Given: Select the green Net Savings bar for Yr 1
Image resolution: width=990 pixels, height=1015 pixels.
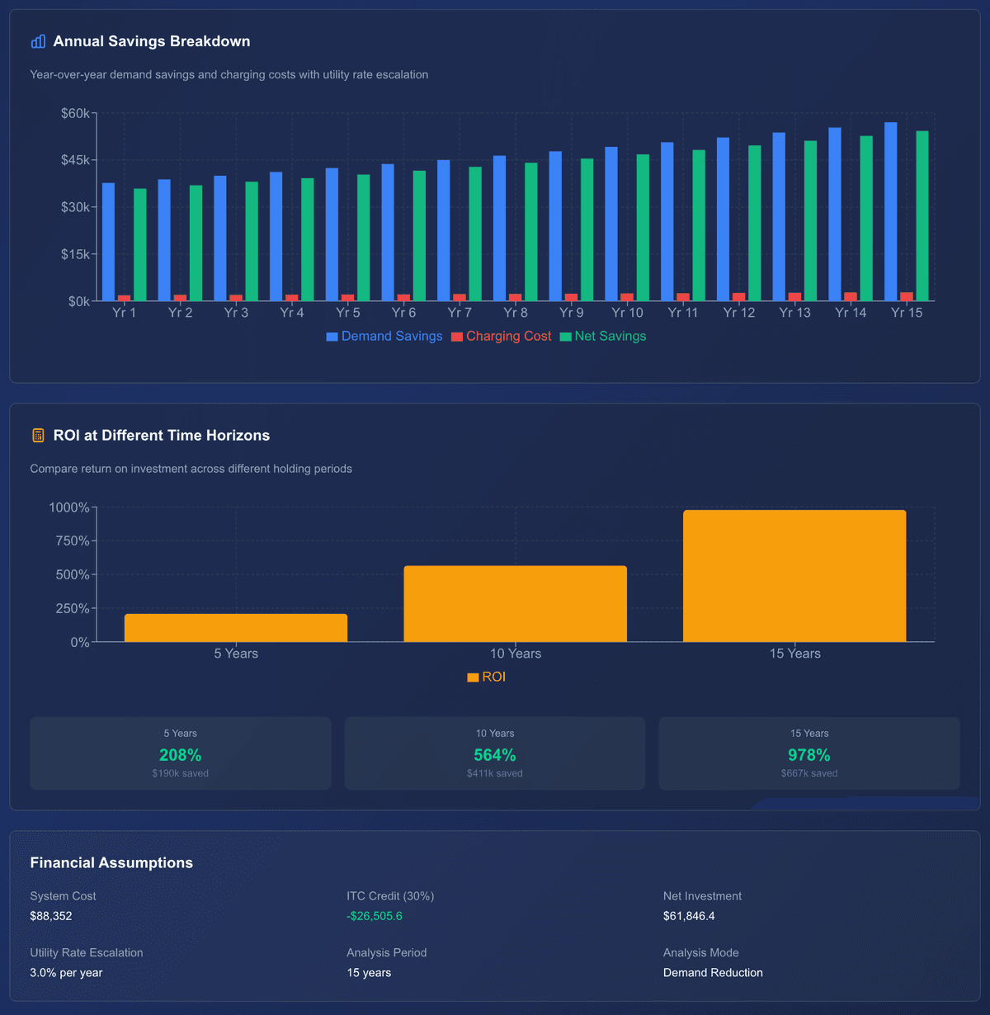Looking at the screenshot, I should coord(140,245).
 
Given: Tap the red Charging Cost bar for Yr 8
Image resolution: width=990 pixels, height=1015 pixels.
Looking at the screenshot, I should coord(516,297).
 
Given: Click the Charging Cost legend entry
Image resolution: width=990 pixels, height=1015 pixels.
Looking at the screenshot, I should coord(501,337).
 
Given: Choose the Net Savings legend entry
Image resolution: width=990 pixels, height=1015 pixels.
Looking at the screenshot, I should coord(603,337).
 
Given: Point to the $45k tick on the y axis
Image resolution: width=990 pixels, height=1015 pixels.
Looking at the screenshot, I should coord(76,160).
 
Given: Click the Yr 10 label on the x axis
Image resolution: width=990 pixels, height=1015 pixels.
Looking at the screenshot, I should coord(627,313).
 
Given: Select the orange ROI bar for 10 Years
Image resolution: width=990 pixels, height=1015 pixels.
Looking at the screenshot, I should coord(516,604).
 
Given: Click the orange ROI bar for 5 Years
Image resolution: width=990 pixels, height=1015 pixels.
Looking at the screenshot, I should coord(236,628).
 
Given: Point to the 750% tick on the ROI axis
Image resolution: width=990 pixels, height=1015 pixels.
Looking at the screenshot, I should coord(73,541).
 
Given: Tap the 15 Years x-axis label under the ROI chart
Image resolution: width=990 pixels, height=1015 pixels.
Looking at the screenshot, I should coord(794,654).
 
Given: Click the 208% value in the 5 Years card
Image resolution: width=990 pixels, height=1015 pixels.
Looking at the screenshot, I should coord(180,755).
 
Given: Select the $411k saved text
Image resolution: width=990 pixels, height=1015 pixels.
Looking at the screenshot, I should coord(494,774).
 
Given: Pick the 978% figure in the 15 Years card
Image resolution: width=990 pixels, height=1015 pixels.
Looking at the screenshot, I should coord(808,755).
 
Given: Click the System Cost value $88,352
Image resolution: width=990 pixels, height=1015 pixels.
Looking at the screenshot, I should coord(51,916).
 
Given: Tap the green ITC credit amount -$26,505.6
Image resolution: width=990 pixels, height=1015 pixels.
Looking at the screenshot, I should coord(375,916).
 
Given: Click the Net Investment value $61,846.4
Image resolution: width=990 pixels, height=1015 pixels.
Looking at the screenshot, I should coord(689,916).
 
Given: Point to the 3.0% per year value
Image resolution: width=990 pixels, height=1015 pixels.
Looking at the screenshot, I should coord(66,973).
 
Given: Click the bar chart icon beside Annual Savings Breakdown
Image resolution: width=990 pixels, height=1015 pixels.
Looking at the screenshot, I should coord(38,41).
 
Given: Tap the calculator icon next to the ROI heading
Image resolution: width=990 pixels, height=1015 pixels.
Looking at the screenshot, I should coord(38,436).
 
